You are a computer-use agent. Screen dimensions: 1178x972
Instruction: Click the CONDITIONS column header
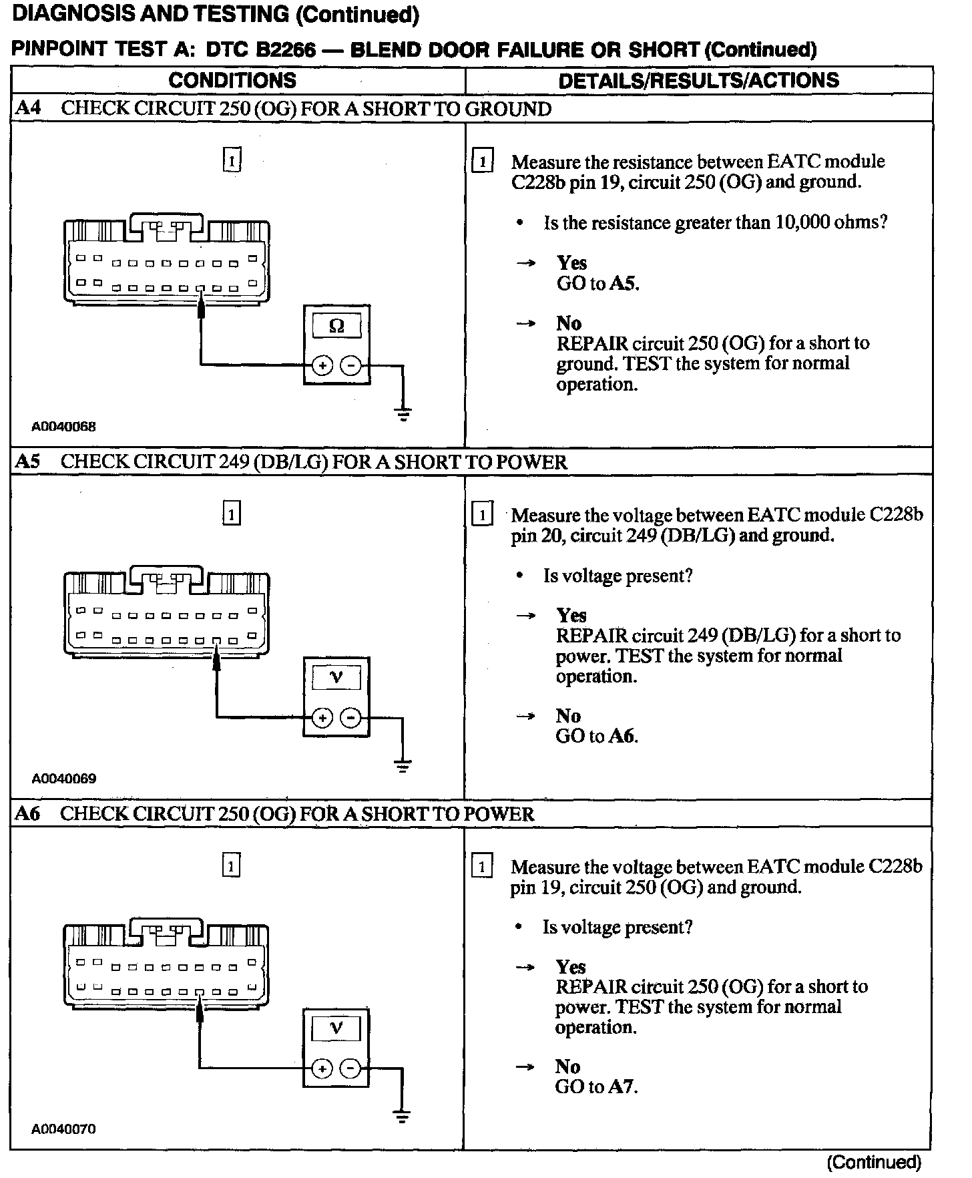232,80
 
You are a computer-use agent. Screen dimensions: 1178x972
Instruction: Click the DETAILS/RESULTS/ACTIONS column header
698,80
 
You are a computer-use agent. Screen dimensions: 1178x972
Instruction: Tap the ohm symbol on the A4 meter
336,326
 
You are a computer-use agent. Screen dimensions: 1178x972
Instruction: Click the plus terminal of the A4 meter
322,365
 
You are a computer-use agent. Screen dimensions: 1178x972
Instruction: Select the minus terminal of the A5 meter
350,718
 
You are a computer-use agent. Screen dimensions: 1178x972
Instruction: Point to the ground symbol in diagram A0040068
403,414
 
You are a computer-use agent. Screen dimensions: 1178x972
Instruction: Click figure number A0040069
64,779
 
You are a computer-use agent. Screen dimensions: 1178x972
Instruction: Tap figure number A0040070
64,1129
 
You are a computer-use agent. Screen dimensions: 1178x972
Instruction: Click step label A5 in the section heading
27,461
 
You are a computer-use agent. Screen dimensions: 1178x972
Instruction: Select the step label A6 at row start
27,813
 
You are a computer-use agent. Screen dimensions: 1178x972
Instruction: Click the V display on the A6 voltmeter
336,1028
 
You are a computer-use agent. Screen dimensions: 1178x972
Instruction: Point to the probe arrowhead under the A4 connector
201,309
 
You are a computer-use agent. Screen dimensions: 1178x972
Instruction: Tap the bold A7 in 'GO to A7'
622,1087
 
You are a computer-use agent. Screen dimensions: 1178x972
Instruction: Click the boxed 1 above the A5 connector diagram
231,514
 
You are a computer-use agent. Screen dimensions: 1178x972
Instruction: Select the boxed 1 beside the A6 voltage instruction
482,867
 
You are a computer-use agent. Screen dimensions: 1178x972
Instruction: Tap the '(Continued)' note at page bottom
874,1163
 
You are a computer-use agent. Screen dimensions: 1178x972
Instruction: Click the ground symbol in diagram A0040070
401,1117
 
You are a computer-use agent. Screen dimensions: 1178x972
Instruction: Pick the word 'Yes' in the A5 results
571,615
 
